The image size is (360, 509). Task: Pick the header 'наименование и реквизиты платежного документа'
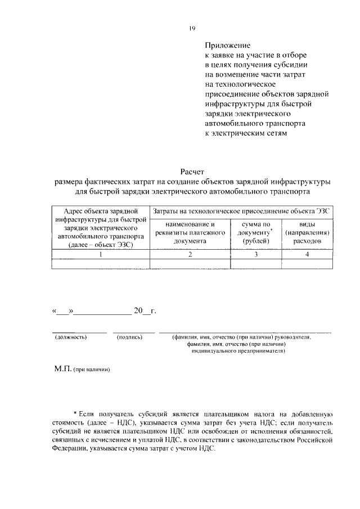[190, 232]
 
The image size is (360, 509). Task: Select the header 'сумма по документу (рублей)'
[256, 232]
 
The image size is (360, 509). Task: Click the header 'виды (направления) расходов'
[306, 232]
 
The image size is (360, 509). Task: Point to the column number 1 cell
[100, 254]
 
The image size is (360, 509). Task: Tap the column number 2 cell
[190, 254]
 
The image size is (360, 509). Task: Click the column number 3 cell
[256, 254]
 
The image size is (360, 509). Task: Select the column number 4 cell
[307, 254]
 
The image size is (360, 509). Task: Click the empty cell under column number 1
[100, 263]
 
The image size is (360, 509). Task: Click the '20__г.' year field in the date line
[144, 310]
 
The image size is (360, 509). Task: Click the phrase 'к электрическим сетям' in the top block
[245, 133]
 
